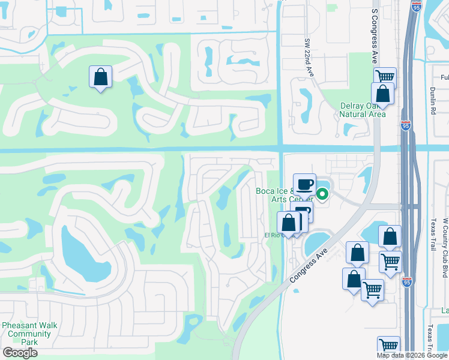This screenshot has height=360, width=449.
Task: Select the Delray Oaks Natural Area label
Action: [362, 110]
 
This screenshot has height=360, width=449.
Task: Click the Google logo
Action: [20, 353]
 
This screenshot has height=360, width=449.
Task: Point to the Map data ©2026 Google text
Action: [412, 355]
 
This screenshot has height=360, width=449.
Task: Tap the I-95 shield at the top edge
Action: [417, 7]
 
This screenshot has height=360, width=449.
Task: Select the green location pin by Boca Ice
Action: [322, 194]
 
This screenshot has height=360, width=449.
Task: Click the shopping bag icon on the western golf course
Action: [100, 77]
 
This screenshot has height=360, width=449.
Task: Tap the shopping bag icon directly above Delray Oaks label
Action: [382, 94]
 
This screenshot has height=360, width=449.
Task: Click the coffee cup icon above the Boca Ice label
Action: [304, 184]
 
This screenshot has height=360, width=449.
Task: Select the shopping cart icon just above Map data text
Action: [388, 346]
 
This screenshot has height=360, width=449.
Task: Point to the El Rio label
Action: [274, 235]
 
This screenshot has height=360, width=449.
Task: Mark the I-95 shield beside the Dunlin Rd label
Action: [406, 126]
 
